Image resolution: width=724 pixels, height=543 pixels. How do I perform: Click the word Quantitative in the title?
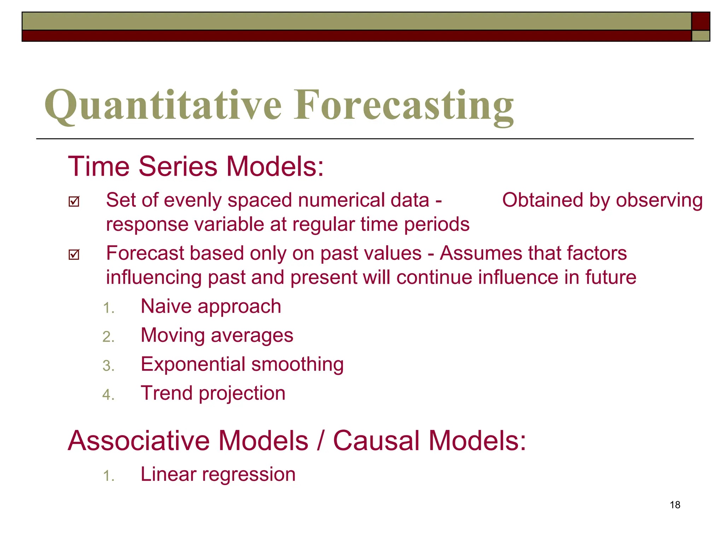(163, 105)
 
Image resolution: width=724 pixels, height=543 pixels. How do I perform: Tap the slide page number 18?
(675, 505)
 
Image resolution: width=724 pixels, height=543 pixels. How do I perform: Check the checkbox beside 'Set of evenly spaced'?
(74, 202)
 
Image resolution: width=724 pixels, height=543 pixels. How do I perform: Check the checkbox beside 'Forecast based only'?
(74, 255)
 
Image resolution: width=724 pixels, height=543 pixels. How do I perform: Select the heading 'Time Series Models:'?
(195, 166)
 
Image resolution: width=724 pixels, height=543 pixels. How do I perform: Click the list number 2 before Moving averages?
(108, 337)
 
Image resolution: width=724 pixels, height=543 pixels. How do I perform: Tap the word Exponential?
(193, 364)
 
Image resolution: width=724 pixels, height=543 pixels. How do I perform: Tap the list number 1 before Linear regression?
(108, 476)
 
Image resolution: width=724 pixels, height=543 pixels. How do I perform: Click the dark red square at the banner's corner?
(700, 21)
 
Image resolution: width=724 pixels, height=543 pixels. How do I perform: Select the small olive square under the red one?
(700, 36)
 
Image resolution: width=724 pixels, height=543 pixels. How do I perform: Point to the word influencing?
(153, 278)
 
